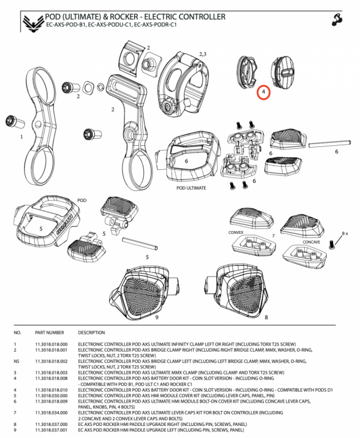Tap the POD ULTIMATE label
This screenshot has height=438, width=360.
pos(191,188)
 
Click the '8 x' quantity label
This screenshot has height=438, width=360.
pos(344,232)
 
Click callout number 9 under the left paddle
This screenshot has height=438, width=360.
pos(157,317)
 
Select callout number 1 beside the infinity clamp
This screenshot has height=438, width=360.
pos(22,136)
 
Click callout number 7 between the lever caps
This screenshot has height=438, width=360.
pos(272,236)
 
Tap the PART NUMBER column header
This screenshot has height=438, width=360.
pos(49,331)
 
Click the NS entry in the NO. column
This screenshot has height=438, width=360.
pos(16,362)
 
